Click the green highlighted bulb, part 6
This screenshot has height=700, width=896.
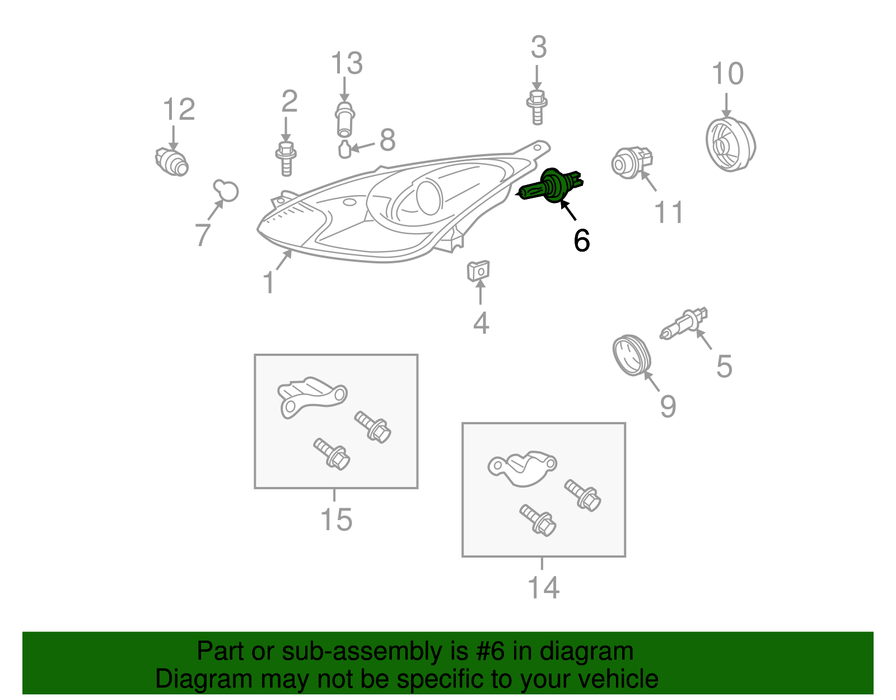coord(550,187)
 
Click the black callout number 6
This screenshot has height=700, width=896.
coord(582,240)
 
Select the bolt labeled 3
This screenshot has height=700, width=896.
coord(537,107)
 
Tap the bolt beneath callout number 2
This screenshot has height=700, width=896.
coord(286,159)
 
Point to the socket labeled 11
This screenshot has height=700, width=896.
coord(631,163)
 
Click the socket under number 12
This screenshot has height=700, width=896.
coord(172,162)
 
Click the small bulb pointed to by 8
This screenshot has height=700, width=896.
coord(345,149)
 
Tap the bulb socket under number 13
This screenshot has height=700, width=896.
coord(345,119)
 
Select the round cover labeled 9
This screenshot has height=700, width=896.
coord(631,355)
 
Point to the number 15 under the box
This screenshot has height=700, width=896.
coord(336,520)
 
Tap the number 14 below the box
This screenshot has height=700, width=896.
coord(543,588)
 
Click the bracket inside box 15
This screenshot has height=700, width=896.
coord(312,397)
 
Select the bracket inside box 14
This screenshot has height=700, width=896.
coord(522,469)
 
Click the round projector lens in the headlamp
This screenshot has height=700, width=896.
coord(429,197)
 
